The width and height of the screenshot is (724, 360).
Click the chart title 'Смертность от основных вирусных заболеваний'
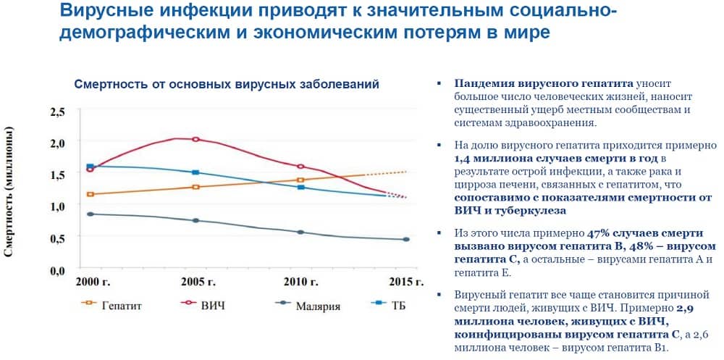(x=227, y=85)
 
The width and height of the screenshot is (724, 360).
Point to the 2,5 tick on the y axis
(x=57, y=112)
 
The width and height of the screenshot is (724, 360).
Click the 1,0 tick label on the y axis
(x=57, y=206)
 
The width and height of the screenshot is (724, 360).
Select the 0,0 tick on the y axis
(x=57, y=269)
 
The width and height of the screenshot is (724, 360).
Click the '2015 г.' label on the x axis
(x=405, y=281)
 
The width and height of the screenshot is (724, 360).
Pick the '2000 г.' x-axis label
(x=93, y=281)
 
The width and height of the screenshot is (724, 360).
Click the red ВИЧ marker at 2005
(x=195, y=139)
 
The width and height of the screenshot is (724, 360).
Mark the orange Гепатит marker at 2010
(x=301, y=180)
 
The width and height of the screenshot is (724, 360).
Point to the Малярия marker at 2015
(x=406, y=240)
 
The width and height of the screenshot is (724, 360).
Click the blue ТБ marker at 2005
(x=195, y=172)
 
